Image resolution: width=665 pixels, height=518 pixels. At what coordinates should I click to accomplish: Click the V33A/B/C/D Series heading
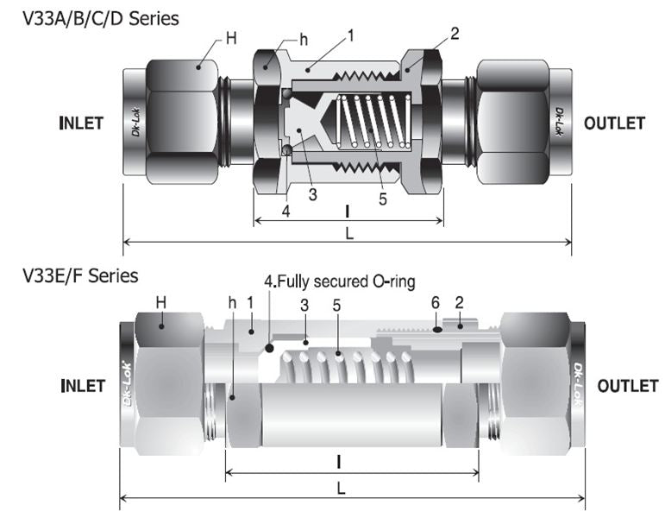[100, 17]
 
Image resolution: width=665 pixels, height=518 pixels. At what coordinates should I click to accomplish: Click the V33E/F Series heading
[79, 276]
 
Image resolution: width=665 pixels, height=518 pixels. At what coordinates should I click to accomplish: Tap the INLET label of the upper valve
[81, 123]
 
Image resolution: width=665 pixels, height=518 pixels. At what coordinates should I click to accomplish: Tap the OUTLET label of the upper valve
[613, 123]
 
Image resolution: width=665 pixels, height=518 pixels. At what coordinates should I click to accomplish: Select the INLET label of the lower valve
[83, 385]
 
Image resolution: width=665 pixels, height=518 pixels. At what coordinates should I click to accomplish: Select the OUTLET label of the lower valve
[627, 385]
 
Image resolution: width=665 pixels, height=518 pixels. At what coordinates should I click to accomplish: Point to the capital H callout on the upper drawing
[230, 37]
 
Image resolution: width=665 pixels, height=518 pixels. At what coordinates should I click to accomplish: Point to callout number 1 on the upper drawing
[351, 35]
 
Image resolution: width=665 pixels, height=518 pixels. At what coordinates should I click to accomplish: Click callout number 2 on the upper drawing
[455, 34]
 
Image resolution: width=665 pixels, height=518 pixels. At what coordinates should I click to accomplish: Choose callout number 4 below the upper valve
[285, 210]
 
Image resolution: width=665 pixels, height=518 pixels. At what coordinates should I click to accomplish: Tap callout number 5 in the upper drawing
[383, 198]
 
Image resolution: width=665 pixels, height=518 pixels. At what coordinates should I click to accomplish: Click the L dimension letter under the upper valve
[348, 232]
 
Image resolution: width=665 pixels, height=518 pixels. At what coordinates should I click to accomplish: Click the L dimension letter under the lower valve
[342, 488]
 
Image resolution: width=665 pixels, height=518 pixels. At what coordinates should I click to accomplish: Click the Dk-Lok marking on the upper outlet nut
[559, 121]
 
